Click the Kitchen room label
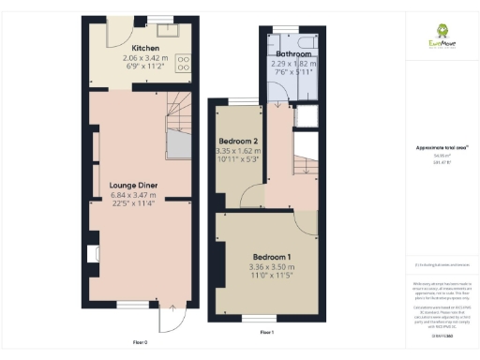point(144,48)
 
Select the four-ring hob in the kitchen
point(184,64)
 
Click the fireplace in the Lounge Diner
point(93,253)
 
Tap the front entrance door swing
point(169,319)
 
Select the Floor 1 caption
point(266,333)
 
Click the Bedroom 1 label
point(271,257)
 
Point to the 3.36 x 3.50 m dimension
point(271,266)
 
